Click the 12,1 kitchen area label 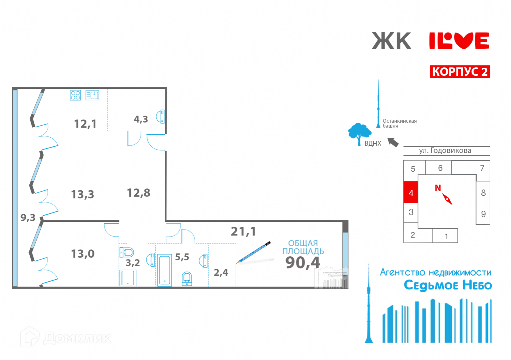click(x=85, y=124)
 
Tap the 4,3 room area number click(x=141, y=119)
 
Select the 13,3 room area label click(x=83, y=194)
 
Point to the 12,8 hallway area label click(x=138, y=193)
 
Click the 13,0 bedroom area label click(x=83, y=254)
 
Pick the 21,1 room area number click(x=243, y=231)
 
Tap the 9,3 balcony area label click(x=28, y=218)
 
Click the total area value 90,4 click(x=303, y=263)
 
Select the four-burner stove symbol click(x=75, y=95)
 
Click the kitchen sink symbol click(x=92, y=95)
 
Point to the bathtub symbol click(x=164, y=270)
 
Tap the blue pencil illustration click(x=253, y=252)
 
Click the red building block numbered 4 click(x=411, y=192)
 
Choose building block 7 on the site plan click(x=482, y=168)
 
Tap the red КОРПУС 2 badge click(x=460, y=72)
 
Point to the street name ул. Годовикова click(x=445, y=151)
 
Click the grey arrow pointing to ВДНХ click(x=393, y=142)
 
